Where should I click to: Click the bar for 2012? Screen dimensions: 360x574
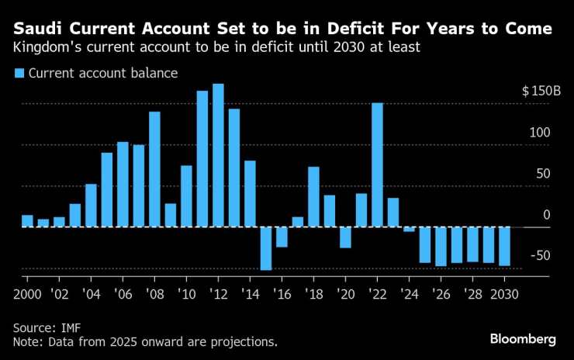click(218, 155)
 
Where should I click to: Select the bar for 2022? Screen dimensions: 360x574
click(377, 164)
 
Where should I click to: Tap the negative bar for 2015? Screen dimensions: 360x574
click(266, 248)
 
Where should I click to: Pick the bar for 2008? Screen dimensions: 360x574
click(154, 169)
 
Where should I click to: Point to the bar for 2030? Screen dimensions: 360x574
click(504, 247)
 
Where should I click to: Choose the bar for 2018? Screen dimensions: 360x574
click(313, 197)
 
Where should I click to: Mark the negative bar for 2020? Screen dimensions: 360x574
click(345, 237)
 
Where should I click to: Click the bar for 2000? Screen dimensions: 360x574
click(27, 221)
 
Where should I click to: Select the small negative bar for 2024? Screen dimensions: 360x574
click(409, 230)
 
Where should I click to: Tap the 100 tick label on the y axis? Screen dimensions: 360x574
click(540, 133)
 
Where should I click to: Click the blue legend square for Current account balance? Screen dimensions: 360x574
click(18, 74)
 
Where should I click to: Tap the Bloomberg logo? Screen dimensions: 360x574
click(523, 339)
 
